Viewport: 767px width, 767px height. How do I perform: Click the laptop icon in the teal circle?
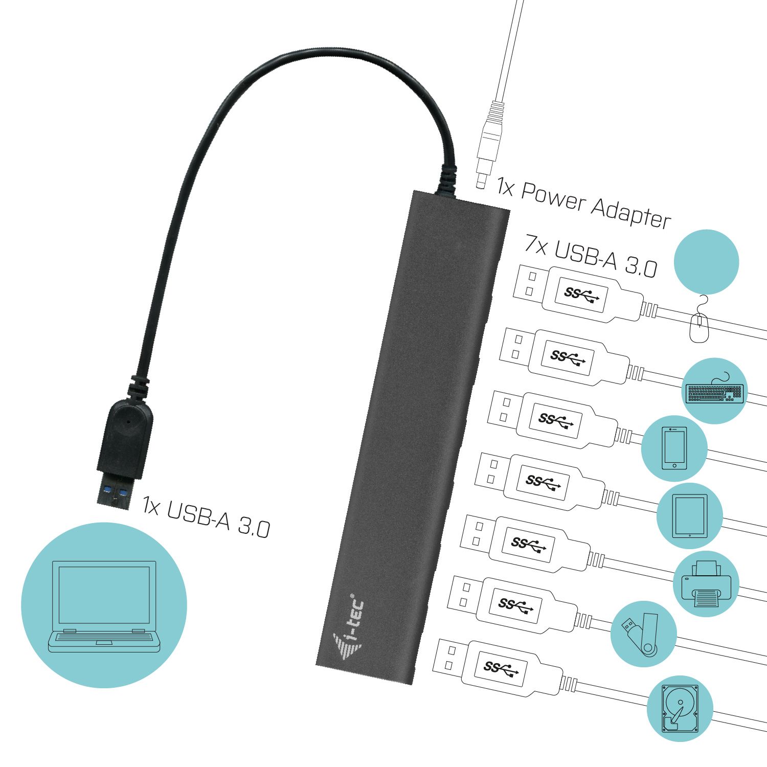coord(104,606)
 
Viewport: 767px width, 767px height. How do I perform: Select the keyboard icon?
coord(714,392)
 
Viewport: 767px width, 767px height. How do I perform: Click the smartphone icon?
coord(674,448)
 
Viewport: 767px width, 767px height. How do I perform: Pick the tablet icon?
coord(690,515)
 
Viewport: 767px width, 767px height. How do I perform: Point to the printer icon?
coord(707,584)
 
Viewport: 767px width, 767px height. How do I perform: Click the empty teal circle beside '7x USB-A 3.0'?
coord(706,261)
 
